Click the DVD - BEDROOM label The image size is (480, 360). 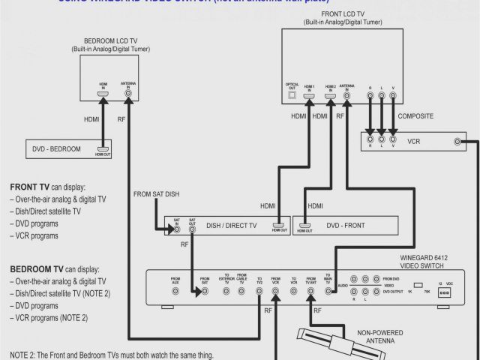57,149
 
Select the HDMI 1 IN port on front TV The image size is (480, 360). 309,97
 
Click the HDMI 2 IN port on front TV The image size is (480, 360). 329,97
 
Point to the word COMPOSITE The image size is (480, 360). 415,116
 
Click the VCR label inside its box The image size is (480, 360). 414,141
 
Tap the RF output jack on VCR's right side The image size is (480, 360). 458,141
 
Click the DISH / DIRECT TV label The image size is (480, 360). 232,225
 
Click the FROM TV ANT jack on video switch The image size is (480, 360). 310,291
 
